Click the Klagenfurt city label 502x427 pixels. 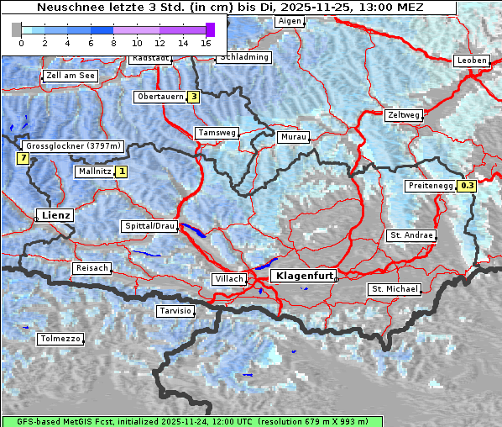(x=306, y=275)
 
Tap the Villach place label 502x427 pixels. (x=228, y=279)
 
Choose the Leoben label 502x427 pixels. (x=471, y=61)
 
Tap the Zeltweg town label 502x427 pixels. (x=404, y=115)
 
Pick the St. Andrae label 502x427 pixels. (x=411, y=235)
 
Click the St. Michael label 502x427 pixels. (x=395, y=289)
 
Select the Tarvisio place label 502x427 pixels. (x=175, y=311)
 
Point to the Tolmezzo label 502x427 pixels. (x=60, y=339)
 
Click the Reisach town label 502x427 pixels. (x=92, y=268)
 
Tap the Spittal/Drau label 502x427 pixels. (x=149, y=226)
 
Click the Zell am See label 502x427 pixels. (x=71, y=76)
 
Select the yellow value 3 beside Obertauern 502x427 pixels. (x=194, y=97)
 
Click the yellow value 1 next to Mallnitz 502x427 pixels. (x=122, y=171)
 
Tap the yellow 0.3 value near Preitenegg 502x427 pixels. (x=467, y=186)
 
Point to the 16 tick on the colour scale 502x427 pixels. (x=207, y=42)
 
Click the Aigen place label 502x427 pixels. (x=290, y=20)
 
